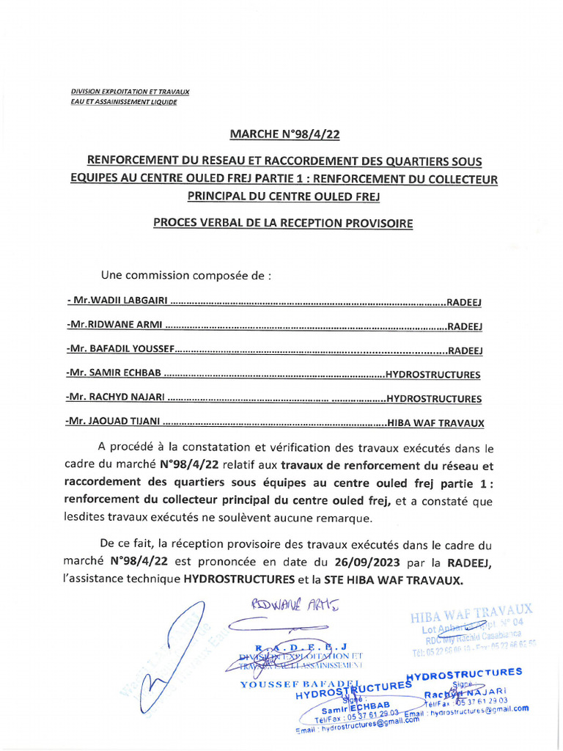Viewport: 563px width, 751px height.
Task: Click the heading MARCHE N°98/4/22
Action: (285, 134)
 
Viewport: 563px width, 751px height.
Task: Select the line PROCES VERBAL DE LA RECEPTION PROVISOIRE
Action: (283, 223)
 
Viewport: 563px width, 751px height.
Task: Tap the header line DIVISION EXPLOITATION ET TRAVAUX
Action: (130, 92)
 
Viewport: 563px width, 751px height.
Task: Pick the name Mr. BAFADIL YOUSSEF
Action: (119, 350)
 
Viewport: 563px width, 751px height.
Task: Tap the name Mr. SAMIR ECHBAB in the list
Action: (113, 374)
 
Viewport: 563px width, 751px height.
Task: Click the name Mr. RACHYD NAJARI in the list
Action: (116, 399)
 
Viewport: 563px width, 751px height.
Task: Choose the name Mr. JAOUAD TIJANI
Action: (113, 423)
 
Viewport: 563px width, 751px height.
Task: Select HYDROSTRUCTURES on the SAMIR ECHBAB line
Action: (433, 374)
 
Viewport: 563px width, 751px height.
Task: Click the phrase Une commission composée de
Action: (186, 276)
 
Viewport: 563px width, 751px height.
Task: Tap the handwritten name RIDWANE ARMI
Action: (296, 605)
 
